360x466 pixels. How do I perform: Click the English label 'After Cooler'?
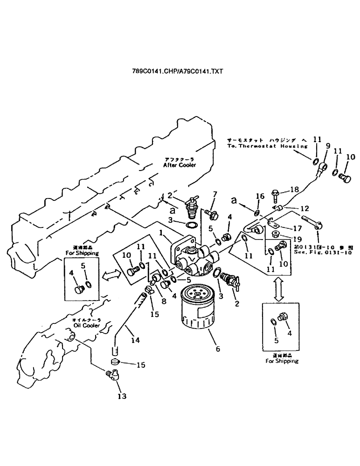coord(180,165)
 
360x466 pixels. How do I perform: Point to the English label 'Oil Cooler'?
coord(78,325)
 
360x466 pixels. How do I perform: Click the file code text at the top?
coord(178,71)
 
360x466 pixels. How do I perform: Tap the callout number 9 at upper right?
coord(328,145)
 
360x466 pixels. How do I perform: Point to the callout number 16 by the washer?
coord(260,197)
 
